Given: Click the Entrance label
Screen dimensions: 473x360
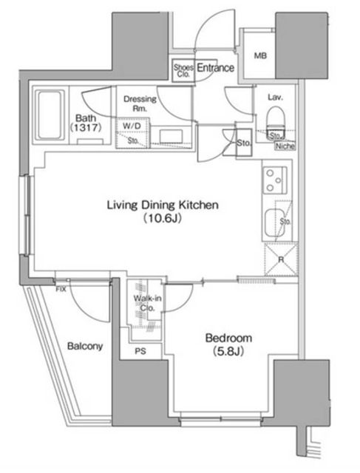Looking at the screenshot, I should [215, 68].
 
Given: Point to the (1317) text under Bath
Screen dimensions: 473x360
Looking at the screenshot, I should [86, 128].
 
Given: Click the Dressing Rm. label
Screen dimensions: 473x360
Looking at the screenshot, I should [138, 103].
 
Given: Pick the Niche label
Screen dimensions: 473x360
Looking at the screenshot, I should [282, 146].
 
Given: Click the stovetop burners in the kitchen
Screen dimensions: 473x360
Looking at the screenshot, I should [274, 179].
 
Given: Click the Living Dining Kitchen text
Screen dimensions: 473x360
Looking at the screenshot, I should [162, 206].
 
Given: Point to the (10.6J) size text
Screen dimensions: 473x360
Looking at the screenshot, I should [162, 220].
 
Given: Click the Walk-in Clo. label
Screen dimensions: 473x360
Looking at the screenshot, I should [143, 303].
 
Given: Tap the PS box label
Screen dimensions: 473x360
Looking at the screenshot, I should [140, 352].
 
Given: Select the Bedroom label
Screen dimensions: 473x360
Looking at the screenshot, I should [228, 338].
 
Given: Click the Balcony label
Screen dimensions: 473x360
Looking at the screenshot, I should [85, 346].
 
